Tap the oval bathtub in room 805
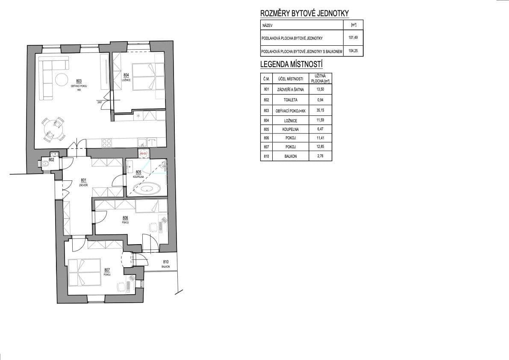[147, 189]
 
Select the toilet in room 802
[46, 162]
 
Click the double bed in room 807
[84, 272]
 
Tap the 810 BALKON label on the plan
[166, 264]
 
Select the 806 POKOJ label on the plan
[125, 219]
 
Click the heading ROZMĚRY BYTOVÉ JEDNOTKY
[304, 13]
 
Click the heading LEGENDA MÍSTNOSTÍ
[291, 65]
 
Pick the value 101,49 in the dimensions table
[353, 37]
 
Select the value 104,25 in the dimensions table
[353, 50]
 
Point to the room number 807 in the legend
[267, 147]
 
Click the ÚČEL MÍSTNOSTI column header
[290, 79]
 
